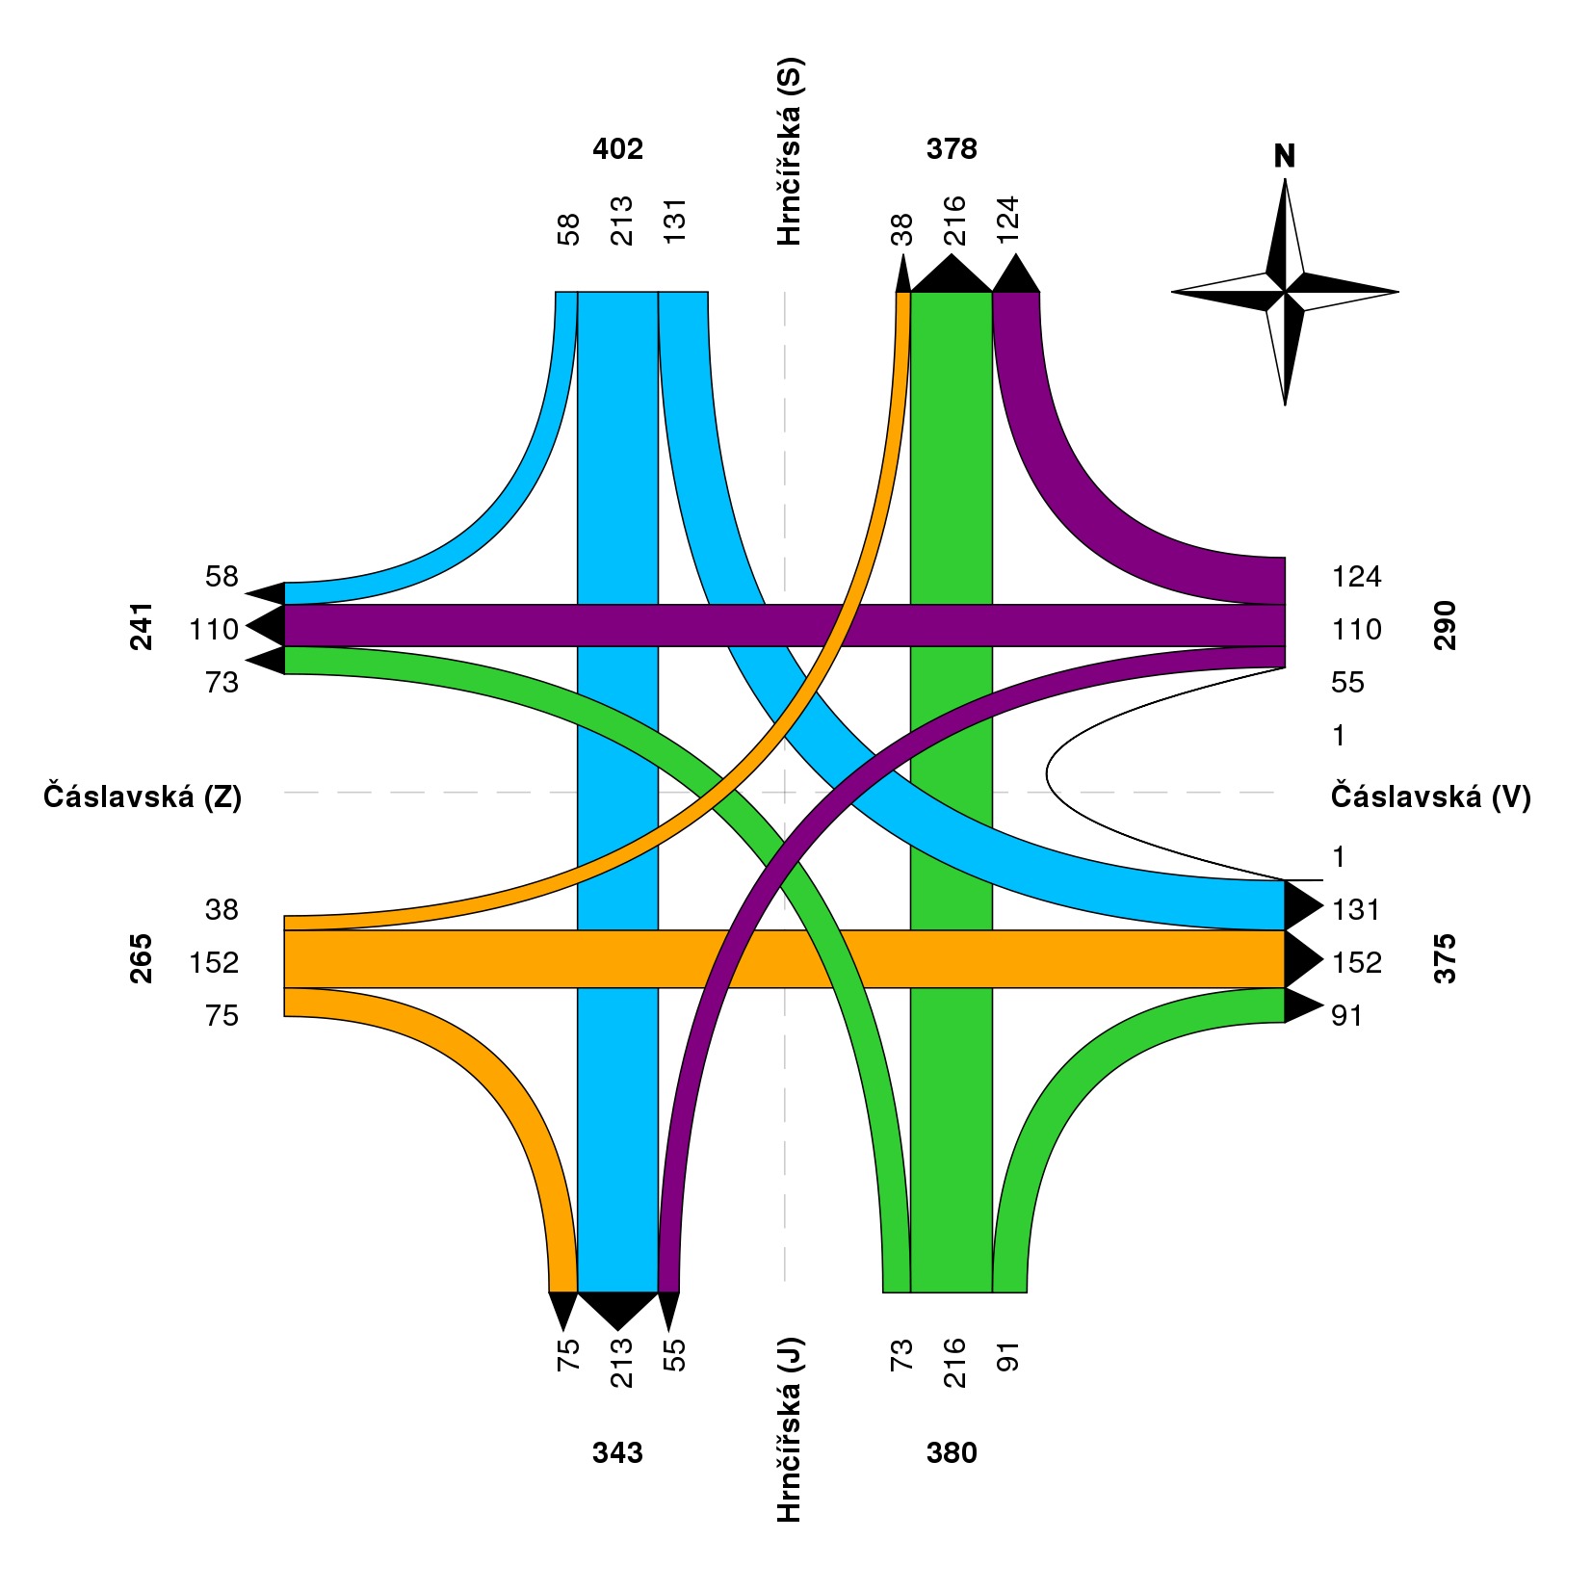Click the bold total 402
[617, 149]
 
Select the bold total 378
[952, 149]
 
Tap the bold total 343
[617, 1452]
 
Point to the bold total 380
[952, 1452]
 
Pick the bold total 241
[142, 627]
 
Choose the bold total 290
[1445, 627]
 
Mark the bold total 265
[142, 959]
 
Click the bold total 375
[1445, 959]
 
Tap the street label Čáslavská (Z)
[143, 796]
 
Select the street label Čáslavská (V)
[1430, 796]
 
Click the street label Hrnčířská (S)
[789, 152]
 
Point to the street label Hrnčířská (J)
[789, 1429]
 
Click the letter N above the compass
[1284, 156]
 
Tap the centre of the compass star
[1285, 291]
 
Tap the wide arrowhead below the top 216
[952, 274]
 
